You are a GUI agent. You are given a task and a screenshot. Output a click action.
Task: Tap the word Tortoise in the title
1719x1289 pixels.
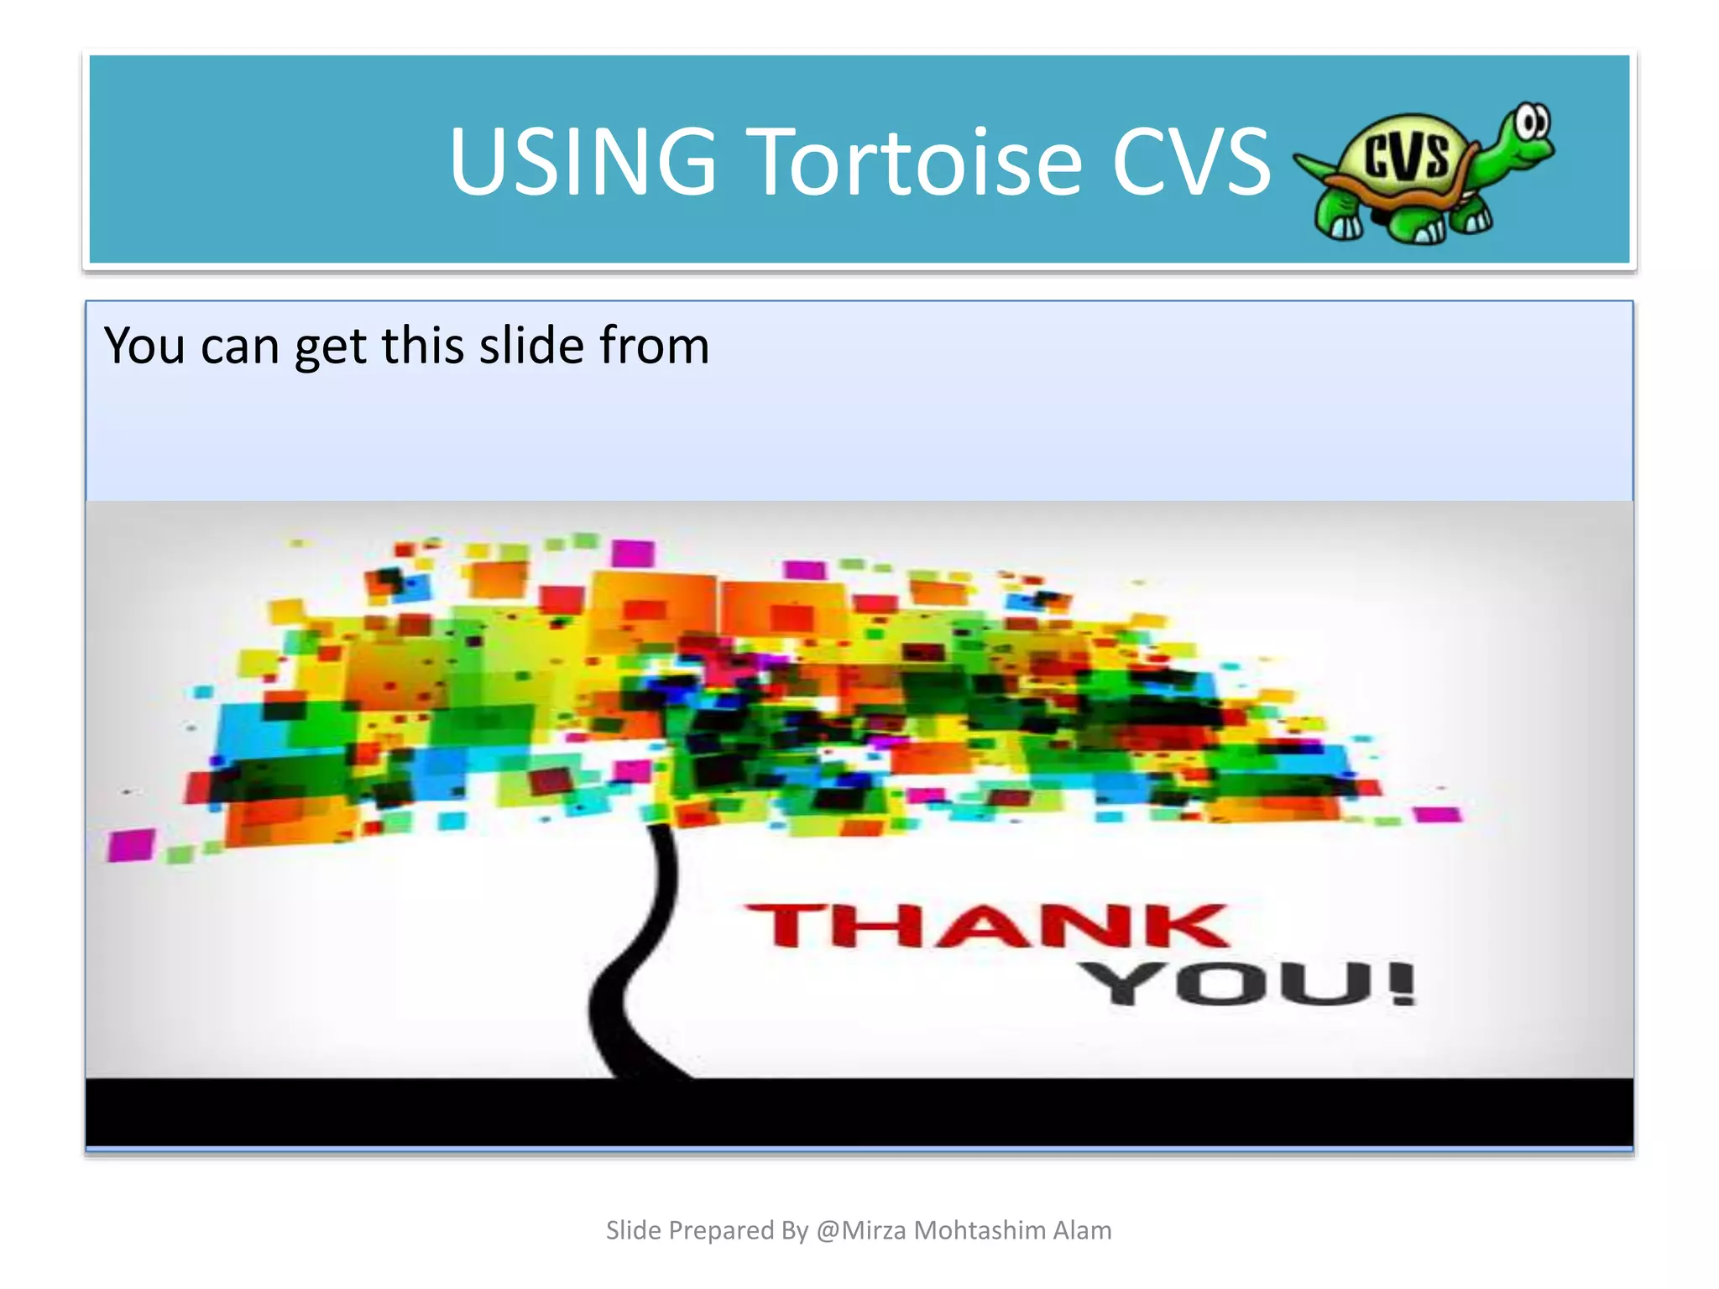point(919,161)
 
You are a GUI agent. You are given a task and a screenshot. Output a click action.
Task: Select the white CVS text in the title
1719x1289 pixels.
point(1191,161)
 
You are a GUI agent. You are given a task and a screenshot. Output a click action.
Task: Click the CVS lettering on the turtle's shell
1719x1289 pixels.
point(1406,156)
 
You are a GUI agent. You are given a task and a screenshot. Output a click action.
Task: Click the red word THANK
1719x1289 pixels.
point(986,926)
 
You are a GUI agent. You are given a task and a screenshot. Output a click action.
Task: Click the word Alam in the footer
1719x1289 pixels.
point(1082,1230)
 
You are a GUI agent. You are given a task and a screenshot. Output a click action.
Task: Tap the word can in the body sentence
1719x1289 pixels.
point(239,346)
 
